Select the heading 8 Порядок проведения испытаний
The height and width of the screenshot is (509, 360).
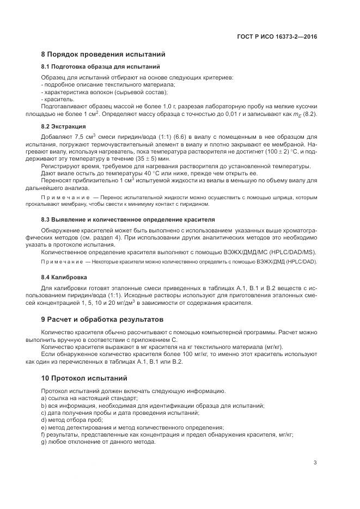pos(103,54)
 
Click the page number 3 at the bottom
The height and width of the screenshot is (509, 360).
pos(315,462)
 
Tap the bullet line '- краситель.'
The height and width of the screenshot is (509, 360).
pos(58,100)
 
